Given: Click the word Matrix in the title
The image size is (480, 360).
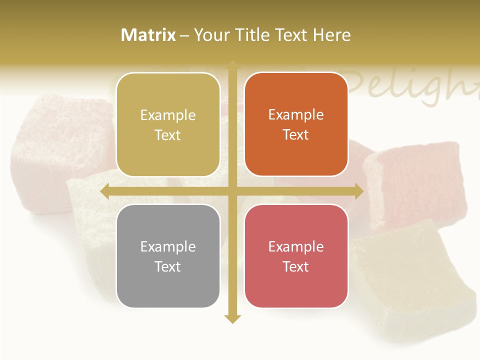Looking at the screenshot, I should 148,35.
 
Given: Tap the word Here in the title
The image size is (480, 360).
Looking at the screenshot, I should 331,35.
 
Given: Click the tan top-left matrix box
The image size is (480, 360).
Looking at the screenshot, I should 168,124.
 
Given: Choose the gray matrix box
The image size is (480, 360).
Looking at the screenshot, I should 168,256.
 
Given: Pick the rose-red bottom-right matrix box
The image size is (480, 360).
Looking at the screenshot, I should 296,256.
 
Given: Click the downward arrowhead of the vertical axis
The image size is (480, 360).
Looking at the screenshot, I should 232,318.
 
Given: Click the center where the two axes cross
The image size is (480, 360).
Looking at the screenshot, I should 232,191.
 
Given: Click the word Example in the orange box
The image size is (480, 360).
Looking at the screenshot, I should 296,114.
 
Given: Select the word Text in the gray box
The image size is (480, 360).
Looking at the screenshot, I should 168,266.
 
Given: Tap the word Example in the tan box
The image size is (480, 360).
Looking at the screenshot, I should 168,115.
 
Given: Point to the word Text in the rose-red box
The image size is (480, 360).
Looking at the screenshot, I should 296,266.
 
